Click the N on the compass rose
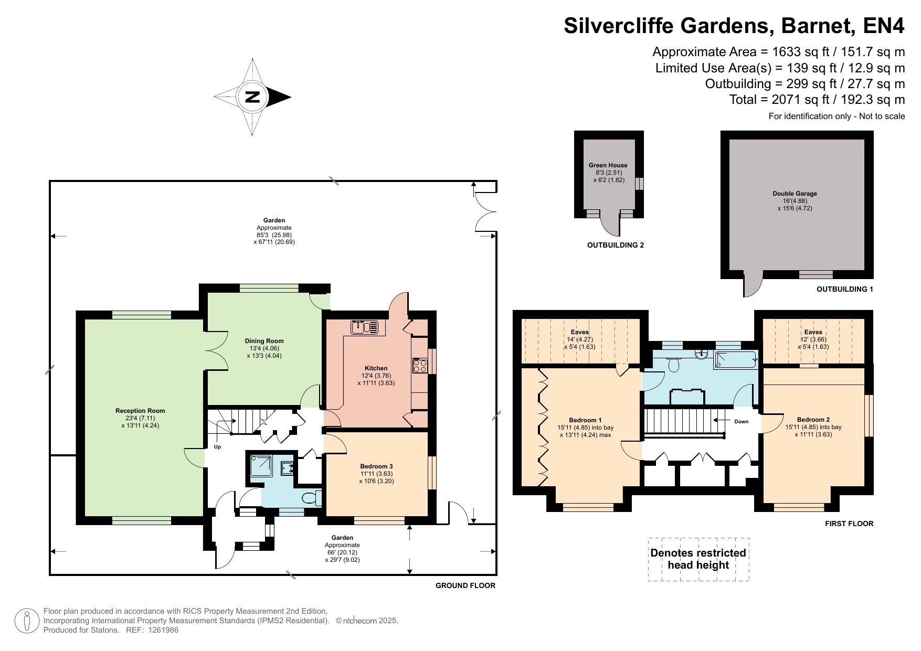click(x=252, y=97)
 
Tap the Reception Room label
click(x=140, y=411)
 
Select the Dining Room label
click(x=264, y=341)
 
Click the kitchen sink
click(x=365, y=327)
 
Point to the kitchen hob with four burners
click(x=420, y=365)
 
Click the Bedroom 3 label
click(x=376, y=466)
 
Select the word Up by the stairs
click(x=217, y=447)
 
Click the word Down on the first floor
click(x=742, y=422)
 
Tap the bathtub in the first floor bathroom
click(x=736, y=360)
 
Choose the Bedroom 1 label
click(x=585, y=420)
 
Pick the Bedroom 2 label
click(x=813, y=420)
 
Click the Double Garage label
click(x=795, y=194)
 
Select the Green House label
click(x=608, y=165)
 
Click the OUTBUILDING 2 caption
click(x=616, y=245)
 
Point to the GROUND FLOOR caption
click(x=465, y=585)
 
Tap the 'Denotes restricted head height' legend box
click(x=698, y=559)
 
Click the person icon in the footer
click(x=27, y=621)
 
